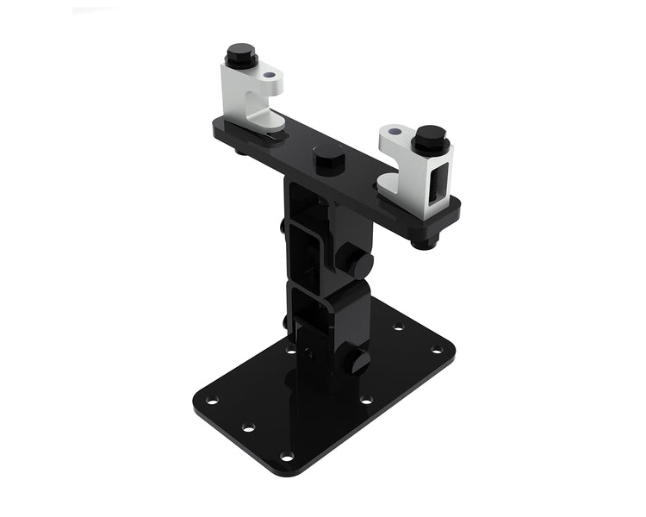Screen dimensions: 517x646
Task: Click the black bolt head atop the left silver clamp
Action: coord(242,54)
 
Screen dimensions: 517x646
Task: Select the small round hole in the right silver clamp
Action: coord(394,132)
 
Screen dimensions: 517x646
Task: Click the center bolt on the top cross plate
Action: coord(329,159)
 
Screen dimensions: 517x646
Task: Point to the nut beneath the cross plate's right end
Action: coord(423,243)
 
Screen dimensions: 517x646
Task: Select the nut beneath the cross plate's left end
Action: coord(239,153)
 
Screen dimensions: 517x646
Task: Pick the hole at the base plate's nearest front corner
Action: coord(287,456)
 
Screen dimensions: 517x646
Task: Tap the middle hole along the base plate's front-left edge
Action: coord(248,427)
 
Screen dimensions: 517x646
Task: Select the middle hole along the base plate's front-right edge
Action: coord(366,400)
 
